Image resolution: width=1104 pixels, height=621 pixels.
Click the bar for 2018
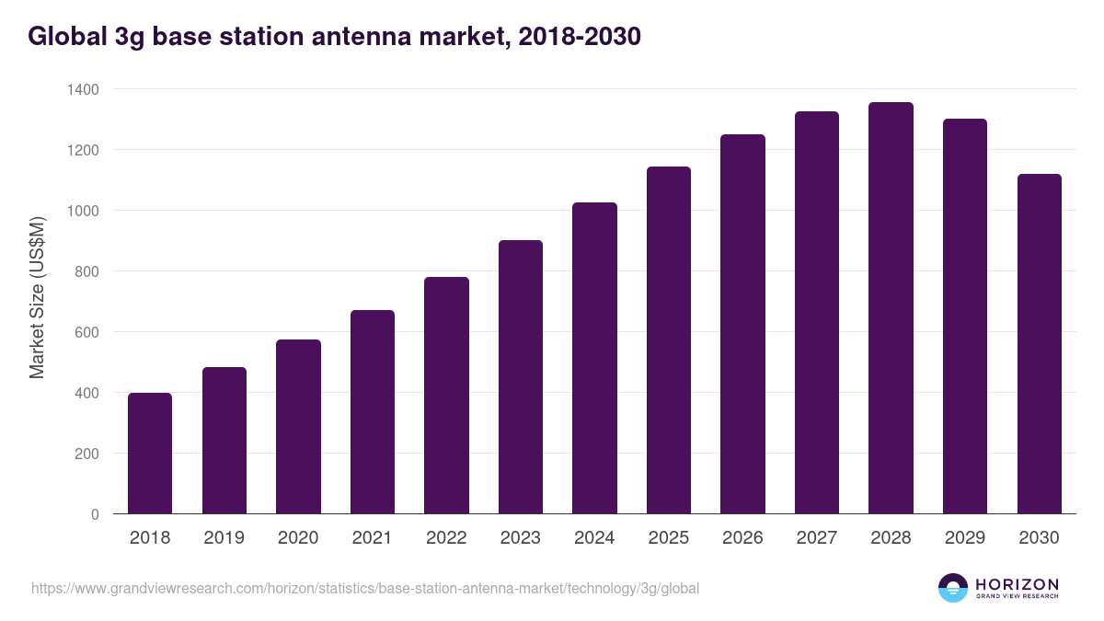[x=150, y=454]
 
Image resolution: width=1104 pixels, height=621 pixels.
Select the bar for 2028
[x=891, y=308]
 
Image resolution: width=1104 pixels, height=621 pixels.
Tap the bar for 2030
[x=1039, y=344]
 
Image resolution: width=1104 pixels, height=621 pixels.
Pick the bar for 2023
[x=521, y=377]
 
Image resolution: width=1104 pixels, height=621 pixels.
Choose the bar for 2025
[x=669, y=340]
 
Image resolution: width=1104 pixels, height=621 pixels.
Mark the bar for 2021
[x=373, y=412]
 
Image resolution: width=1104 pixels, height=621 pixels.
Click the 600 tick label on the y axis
[x=86, y=332]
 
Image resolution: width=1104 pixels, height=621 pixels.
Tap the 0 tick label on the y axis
[x=95, y=514]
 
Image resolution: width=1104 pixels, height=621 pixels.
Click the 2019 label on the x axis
[x=224, y=538]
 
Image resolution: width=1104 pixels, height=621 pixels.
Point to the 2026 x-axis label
[x=742, y=538]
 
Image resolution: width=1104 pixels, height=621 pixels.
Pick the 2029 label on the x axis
[x=965, y=538]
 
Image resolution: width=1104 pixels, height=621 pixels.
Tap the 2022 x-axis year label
[x=446, y=538]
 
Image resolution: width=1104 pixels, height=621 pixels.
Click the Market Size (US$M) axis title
[x=37, y=296]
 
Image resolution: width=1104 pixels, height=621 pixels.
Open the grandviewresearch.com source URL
[x=366, y=588]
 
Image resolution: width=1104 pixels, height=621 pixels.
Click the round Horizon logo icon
[x=952, y=588]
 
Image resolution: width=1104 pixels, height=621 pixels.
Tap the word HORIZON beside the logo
[x=1017, y=584]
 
